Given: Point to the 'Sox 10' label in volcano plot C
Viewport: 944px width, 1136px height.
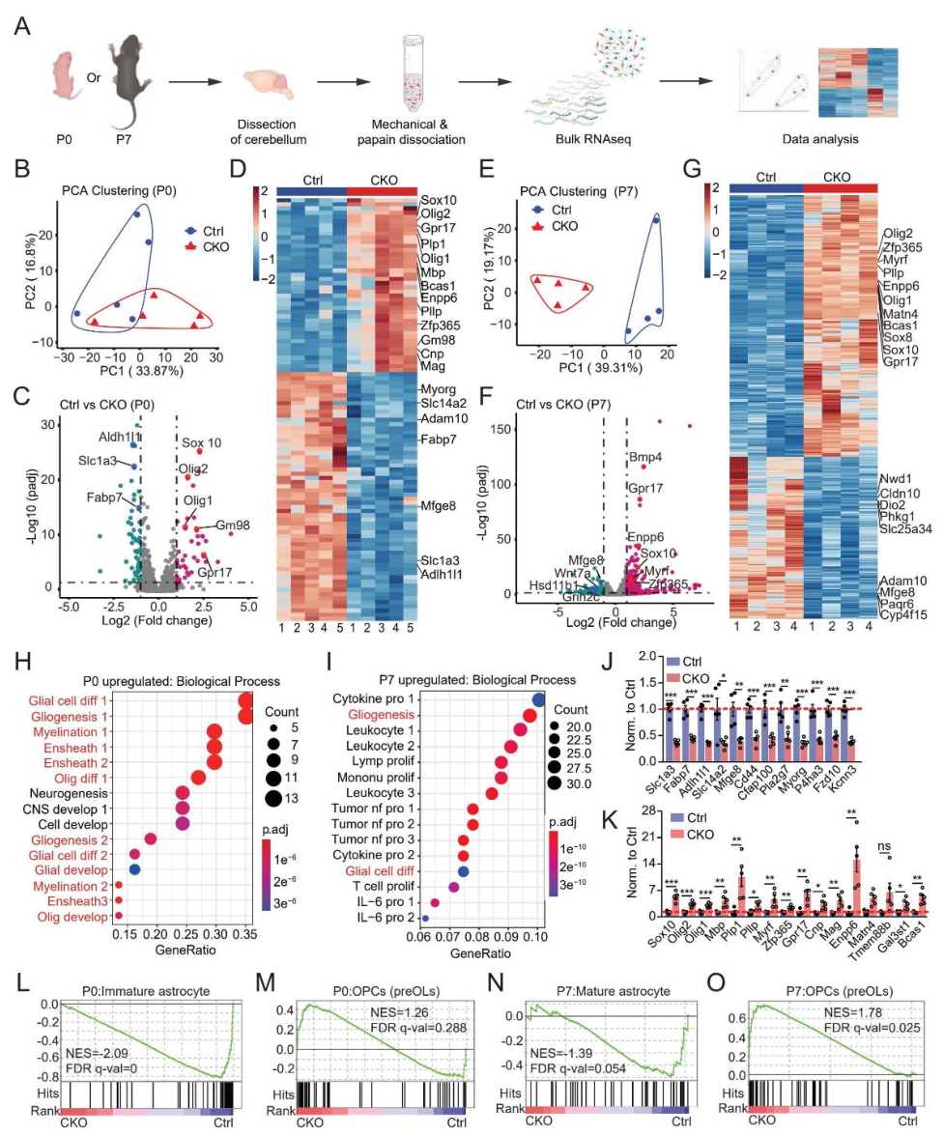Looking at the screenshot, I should pos(202,442).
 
